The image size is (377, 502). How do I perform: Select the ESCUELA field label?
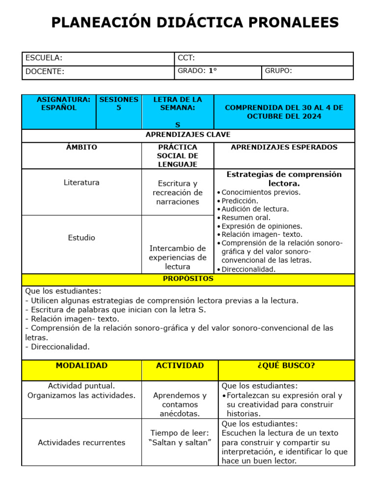pos(44,58)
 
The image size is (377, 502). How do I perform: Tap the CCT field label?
pos(187,58)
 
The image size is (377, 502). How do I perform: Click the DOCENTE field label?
pos(45,72)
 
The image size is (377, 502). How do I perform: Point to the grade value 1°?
pos(213,71)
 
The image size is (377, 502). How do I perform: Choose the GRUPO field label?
pos(278,71)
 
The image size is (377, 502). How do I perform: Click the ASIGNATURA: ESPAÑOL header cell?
pos(59,103)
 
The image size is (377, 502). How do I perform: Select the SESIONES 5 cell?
pos(119,103)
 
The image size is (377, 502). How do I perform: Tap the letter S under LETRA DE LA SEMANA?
pos(178,125)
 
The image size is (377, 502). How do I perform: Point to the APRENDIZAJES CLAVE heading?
pos(188,135)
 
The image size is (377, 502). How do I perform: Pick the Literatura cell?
pos(81,182)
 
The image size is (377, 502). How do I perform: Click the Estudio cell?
pos(81,238)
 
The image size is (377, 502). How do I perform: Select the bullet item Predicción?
pos(240,201)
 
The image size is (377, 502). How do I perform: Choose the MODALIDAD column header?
pos(81,366)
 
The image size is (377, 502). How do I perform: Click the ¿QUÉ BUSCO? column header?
pos(286,366)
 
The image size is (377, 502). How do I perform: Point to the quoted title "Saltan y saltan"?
pos(180,443)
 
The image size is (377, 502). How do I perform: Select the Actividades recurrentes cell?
pos(81,443)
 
